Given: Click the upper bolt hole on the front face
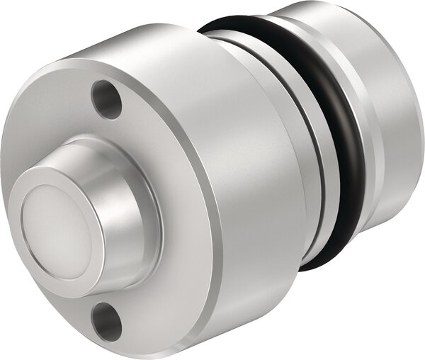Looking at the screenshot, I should coord(107,100).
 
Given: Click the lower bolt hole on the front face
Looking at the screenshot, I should coord(106,320).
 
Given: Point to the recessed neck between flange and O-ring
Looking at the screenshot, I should coord(312,177).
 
